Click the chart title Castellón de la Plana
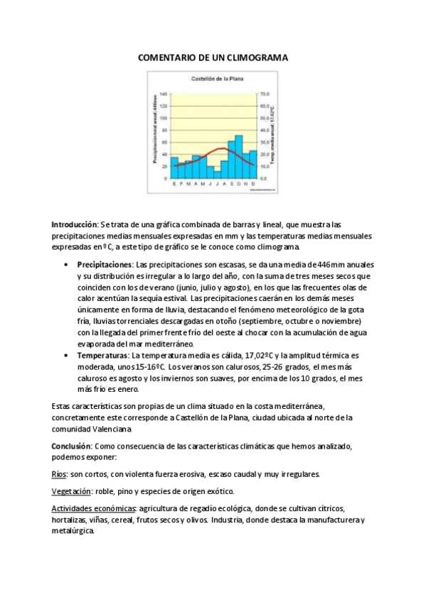(x=213, y=80)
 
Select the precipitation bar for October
(x=239, y=157)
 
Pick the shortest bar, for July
(x=217, y=175)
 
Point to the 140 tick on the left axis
(x=163, y=94)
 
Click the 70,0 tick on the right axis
(x=265, y=94)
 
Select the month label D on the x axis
(x=254, y=183)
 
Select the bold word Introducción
(x=74, y=224)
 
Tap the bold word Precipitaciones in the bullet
(x=105, y=264)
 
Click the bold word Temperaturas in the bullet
(x=102, y=354)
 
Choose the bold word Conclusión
(x=71, y=445)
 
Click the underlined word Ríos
(x=59, y=474)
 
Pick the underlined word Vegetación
(x=72, y=491)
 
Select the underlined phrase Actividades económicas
(x=94, y=509)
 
